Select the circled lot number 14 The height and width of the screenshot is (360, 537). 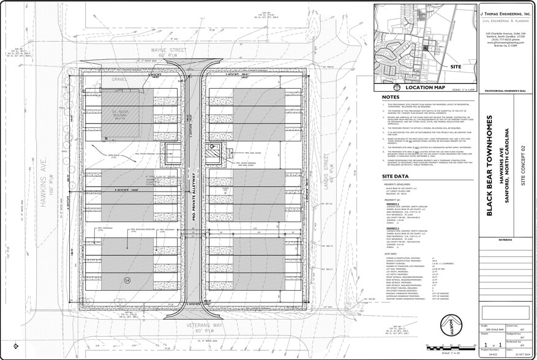tap(127, 280)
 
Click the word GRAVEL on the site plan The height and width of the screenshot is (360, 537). tap(119, 79)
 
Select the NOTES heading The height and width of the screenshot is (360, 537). tap(391, 97)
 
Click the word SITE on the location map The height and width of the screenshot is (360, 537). tap(456, 66)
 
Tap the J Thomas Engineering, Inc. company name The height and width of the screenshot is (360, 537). tap(505, 12)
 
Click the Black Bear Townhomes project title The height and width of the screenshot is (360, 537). tap(489, 165)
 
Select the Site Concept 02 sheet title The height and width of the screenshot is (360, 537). tap(523, 165)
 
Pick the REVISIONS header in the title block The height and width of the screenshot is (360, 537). tap(505, 241)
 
